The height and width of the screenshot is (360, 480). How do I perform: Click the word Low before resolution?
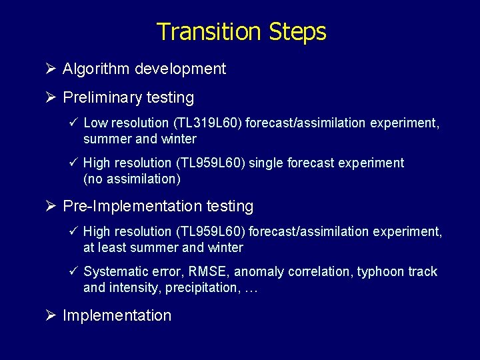[x=96, y=123]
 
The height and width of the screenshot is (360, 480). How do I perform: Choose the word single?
[x=267, y=163]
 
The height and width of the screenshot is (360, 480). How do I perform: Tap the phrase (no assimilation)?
[x=132, y=179]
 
